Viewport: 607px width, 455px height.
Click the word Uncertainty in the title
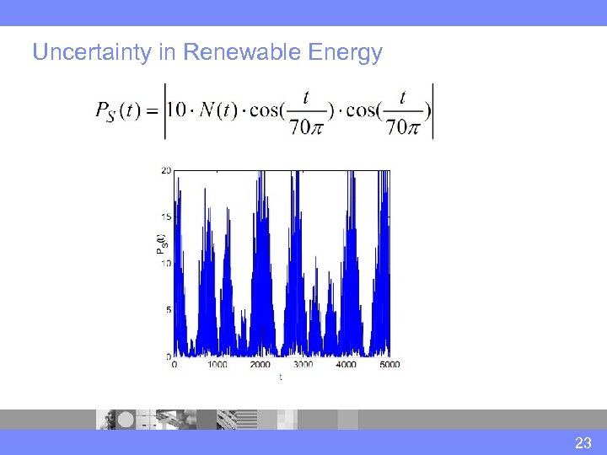click(92, 53)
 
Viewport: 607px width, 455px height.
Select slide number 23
click(583, 442)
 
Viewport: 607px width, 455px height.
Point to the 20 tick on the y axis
click(166, 170)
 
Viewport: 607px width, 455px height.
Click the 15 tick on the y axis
click(166, 217)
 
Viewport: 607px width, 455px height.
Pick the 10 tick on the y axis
click(166, 263)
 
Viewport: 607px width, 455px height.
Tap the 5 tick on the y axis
click(169, 309)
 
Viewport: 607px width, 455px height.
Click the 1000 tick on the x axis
click(217, 365)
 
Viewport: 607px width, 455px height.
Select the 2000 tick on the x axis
click(260, 365)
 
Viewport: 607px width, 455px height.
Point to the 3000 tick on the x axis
click(303, 365)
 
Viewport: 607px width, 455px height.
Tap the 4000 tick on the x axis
click(346, 365)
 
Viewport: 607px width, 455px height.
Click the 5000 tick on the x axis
click(389, 365)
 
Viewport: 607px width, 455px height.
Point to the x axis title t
click(281, 377)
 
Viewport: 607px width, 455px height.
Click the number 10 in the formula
click(178, 110)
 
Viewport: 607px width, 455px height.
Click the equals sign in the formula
click(153, 111)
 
